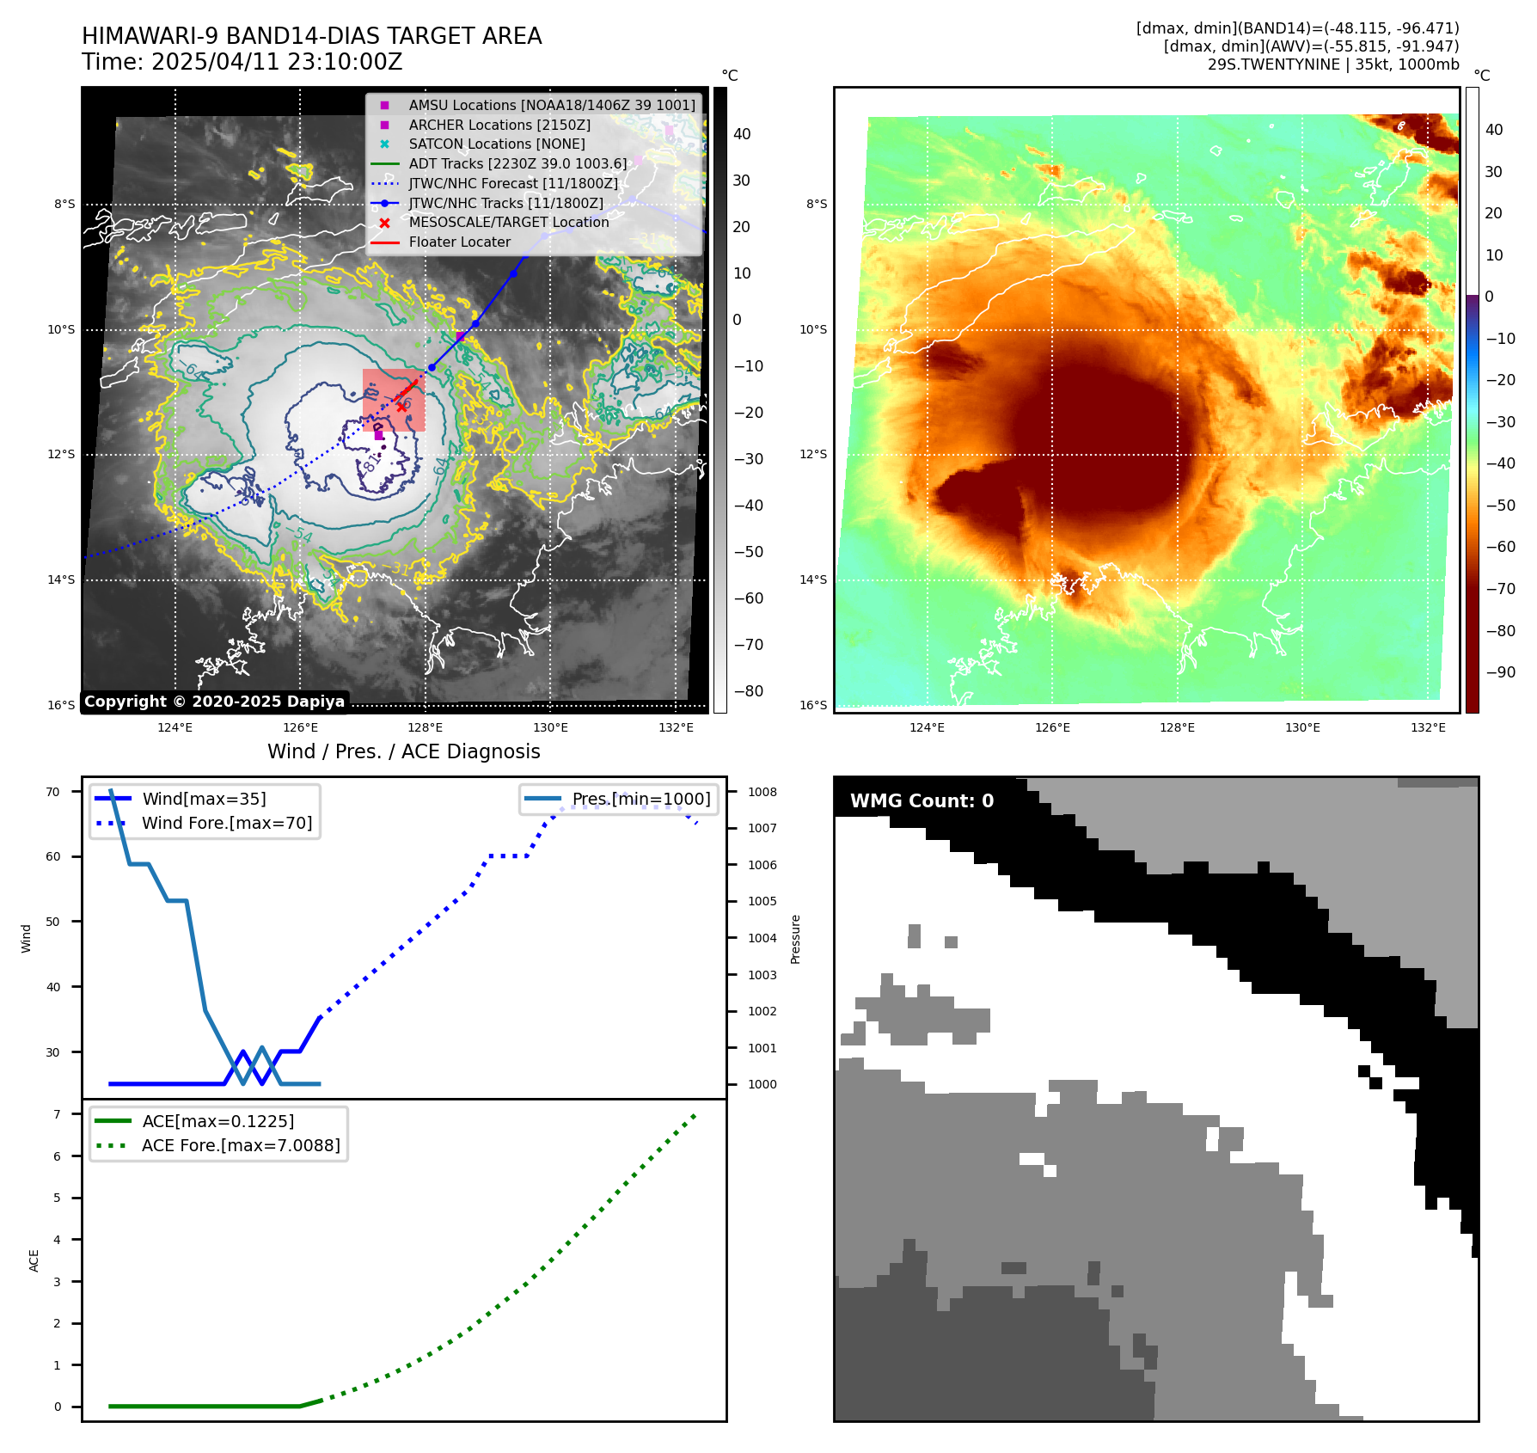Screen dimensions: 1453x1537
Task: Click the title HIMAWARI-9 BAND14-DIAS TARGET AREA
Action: tap(311, 36)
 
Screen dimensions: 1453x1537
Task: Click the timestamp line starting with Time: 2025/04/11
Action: tap(242, 62)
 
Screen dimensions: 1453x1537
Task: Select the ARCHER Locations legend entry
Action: tap(499, 125)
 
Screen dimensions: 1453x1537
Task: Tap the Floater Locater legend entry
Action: tap(459, 242)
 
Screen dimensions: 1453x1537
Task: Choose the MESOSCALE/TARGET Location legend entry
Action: tap(508, 222)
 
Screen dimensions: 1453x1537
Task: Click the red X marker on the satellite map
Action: tap(401, 407)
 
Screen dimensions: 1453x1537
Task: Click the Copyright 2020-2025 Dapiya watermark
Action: tap(214, 702)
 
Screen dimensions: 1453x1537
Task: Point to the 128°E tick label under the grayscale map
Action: tap(425, 727)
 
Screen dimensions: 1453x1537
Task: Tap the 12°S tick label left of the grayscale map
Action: tap(61, 454)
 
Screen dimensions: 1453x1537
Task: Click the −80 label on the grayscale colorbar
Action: tap(748, 690)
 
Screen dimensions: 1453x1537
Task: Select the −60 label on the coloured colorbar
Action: tap(1500, 546)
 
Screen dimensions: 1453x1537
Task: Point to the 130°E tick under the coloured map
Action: tap(1302, 727)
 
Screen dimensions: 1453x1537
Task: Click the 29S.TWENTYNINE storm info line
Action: tap(1332, 64)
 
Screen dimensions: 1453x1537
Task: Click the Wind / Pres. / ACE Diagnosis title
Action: tap(403, 751)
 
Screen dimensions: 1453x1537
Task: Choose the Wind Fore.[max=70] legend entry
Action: tap(227, 823)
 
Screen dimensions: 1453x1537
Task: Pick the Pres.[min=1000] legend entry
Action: tap(640, 799)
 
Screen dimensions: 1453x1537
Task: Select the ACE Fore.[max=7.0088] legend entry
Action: tap(241, 1145)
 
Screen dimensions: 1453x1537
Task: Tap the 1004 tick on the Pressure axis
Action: tap(762, 938)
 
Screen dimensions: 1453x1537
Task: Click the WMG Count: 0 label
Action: tap(922, 800)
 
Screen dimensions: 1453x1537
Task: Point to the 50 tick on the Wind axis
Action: tap(53, 922)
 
